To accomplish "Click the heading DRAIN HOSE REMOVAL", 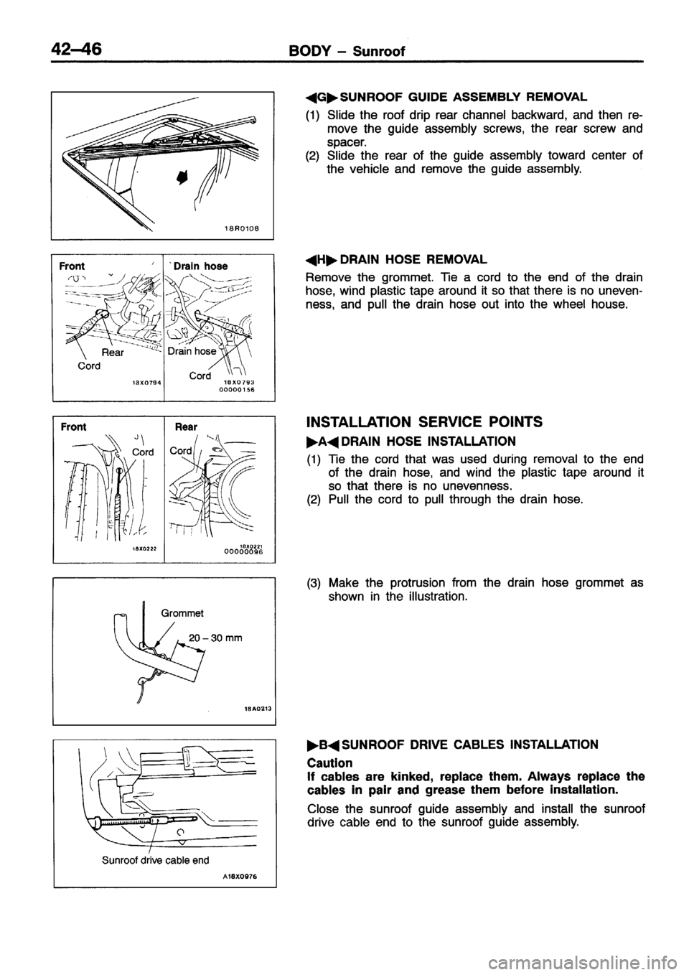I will (406, 258).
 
